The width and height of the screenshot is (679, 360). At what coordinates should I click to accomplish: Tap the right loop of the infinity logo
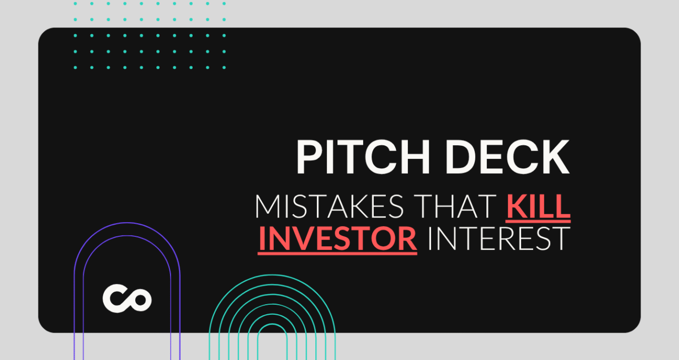point(139,300)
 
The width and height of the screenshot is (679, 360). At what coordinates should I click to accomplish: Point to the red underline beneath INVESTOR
point(337,253)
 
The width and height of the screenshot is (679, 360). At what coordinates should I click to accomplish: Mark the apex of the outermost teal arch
point(272,275)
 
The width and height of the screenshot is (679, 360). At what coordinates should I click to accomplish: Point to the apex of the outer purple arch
point(127,223)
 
